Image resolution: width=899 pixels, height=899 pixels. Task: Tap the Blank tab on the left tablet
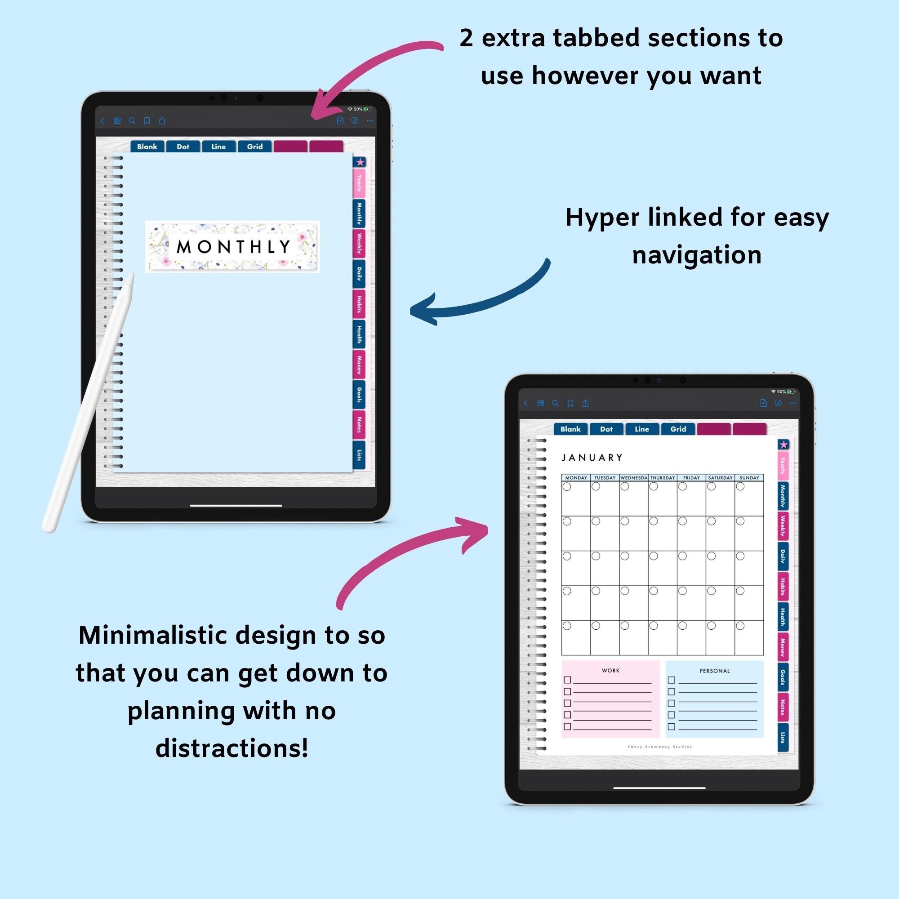(x=147, y=147)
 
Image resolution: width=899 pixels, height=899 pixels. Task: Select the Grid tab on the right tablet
(x=678, y=429)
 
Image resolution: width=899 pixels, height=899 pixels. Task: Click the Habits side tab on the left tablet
(x=359, y=304)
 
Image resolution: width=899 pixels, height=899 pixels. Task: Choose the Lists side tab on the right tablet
(x=783, y=737)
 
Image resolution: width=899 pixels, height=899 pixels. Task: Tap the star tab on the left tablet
(x=360, y=162)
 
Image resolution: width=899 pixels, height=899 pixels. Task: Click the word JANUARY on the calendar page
(x=592, y=458)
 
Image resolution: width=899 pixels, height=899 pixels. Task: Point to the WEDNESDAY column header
(x=633, y=478)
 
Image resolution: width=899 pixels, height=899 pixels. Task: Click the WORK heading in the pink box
(x=610, y=671)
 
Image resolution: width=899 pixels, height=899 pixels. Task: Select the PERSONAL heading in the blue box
(x=714, y=671)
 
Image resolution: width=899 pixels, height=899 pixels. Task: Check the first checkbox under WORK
(x=567, y=680)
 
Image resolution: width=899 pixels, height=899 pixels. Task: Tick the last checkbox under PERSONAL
(x=672, y=726)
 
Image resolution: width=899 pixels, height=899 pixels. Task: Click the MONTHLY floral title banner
(x=233, y=247)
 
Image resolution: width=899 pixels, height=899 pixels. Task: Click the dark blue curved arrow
(x=479, y=298)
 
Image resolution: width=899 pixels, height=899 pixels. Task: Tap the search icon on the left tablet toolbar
(x=132, y=121)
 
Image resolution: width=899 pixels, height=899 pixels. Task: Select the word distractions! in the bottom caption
(x=232, y=748)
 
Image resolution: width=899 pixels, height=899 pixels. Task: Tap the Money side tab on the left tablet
(x=359, y=365)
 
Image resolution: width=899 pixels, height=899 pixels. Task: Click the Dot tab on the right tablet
(x=606, y=429)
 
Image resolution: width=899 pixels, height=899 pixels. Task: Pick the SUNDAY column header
(x=749, y=478)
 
